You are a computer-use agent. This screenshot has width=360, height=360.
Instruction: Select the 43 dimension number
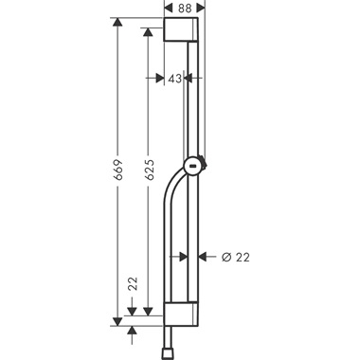(174, 79)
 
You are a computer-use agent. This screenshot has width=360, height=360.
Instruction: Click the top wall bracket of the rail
(182, 30)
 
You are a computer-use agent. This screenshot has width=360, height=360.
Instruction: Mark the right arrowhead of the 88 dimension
(200, 8)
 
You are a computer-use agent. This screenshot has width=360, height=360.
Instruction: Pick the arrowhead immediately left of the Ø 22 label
(208, 255)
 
